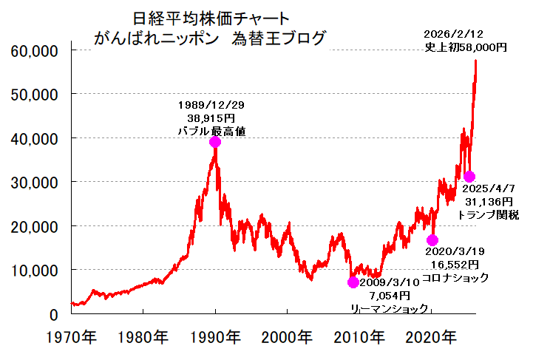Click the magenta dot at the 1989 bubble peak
[215, 142]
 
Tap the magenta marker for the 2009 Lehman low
[353, 282]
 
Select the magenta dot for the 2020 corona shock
[432, 240]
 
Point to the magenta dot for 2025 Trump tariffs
[469, 176]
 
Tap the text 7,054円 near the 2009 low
[389, 295]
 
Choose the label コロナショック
[459, 277]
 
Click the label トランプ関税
[491, 214]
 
